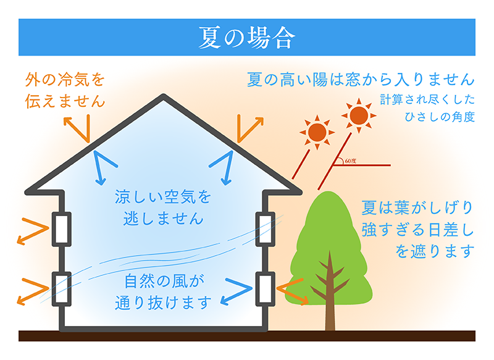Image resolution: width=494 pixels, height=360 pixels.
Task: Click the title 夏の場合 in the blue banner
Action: tap(246, 38)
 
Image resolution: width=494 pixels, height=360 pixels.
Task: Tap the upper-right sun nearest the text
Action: tap(359, 115)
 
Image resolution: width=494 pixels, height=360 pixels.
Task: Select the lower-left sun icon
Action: tap(317, 132)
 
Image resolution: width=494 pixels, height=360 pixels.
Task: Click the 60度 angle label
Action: tap(350, 161)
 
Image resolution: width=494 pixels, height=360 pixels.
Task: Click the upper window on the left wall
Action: tap(61, 228)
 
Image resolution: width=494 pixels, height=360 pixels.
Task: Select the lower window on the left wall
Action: tap(61, 289)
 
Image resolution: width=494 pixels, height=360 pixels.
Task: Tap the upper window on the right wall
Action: tap(266, 228)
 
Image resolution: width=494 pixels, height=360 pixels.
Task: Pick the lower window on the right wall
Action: tap(266, 289)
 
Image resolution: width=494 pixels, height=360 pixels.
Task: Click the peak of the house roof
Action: tap(163, 96)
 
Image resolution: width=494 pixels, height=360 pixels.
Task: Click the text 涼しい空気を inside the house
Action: tap(163, 197)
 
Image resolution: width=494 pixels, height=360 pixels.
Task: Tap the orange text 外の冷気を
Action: tap(65, 80)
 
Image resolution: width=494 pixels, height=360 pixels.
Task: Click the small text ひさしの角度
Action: tap(440, 117)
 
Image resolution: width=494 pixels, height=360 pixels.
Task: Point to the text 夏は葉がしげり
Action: tap(417, 208)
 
